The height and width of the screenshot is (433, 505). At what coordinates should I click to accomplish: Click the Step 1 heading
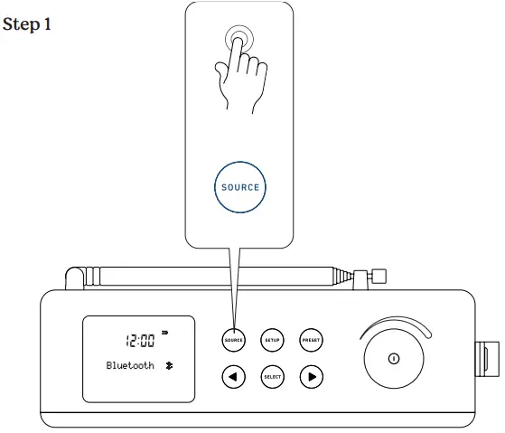pyautogui.click(x=27, y=24)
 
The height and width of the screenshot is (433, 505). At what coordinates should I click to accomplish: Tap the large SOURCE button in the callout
pyautogui.click(x=240, y=188)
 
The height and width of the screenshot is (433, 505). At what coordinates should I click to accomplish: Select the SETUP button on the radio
pyautogui.click(x=272, y=340)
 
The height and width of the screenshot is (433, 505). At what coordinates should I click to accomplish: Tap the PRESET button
pyautogui.click(x=311, y=340)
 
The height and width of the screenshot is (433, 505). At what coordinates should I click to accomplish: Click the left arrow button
pyautogui.click(x=233, y=375)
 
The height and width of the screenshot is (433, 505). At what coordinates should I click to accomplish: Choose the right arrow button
pyautogui.click(x=311, y=375)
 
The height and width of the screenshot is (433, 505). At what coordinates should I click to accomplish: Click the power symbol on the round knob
pyautogui.click(x=393, y=358)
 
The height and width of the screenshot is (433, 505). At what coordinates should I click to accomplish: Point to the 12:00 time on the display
pyautogui.click(x=141, y=340)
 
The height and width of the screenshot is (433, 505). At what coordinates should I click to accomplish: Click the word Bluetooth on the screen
pyautogui.click(x=131, y=366)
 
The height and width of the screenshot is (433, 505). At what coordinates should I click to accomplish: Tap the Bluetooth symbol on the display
pyautogui.click(x=167, y=366)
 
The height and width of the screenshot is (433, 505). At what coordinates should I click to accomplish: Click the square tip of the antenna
pyautogui.click(x=379, y=275)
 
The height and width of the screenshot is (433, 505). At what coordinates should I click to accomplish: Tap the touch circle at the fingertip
pyautogui.click(x=240, y=42)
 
